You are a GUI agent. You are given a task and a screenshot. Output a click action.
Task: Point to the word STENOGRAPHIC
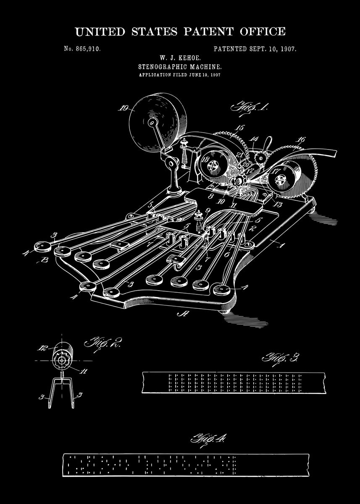(x=160, y=66)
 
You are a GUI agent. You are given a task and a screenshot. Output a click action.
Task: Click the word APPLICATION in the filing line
(x=155, y=75)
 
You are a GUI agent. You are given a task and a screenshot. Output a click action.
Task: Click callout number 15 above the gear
(x=240, y=128)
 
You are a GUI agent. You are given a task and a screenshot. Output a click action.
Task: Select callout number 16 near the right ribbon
(x=301, y=140)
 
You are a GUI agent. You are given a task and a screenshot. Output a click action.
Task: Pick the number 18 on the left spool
(x=206, y=160)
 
